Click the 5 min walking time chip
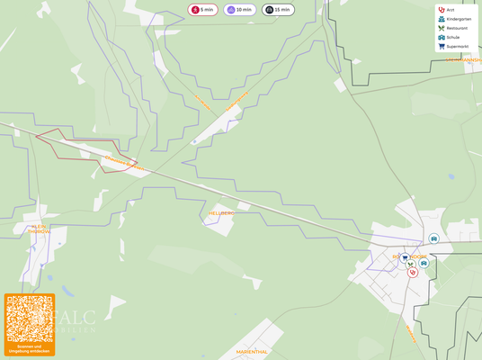(x=202, y=10)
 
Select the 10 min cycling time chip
(x=239, y=10)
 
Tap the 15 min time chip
(x=278, y=10)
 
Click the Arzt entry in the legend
(x=450, y=10)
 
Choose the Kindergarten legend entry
(x=458, y=19)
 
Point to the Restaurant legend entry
(x=456, y=28)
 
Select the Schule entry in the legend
(x=452, y=37)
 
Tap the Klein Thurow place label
(x=40, y=229)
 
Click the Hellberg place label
(x=220, y=213)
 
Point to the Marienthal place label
(x=252, y=352)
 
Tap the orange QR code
(x=30, y=319)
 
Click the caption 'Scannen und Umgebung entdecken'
(x=30, y=348)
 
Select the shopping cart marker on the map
(x=405, y=257)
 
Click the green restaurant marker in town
(x=409, y=264)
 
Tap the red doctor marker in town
(x=413, y=272)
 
